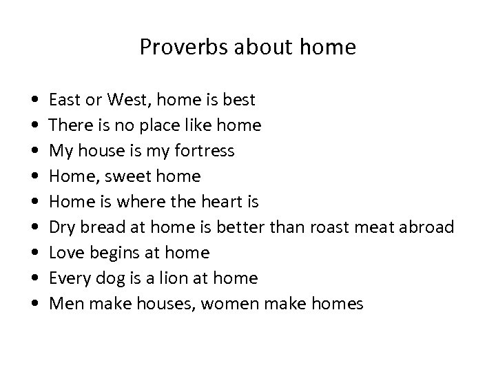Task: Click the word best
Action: tap(238, 100)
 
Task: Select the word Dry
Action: tap(61, 227)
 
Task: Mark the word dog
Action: tap(102, 278)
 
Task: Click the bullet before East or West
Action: tap(34, 101)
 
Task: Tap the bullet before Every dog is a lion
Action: tap(34, 279)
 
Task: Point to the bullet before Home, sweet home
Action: tap(34, 177)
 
